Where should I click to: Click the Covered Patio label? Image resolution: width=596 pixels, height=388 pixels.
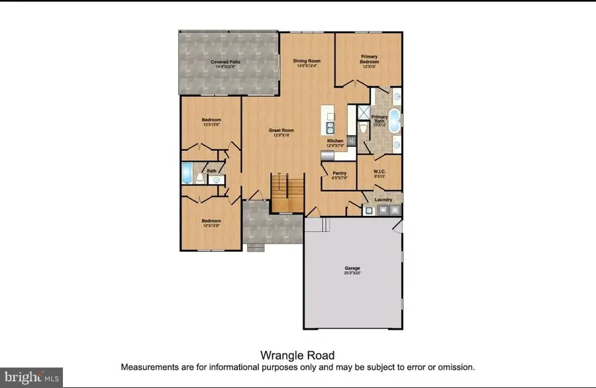click(x=225, y=62)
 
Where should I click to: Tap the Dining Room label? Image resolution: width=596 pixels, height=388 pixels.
click(x=306, y=62)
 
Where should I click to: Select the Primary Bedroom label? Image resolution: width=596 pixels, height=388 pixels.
click(x=369, y=58)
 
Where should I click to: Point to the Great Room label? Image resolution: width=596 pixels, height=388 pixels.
click(x=281, y=130)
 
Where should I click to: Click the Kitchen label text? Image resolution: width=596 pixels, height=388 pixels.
click(x=335, y=141)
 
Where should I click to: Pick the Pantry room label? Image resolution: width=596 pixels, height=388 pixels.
click(x=339, y=173)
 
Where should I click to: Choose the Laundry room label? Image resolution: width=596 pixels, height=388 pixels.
click(x=383, y=199)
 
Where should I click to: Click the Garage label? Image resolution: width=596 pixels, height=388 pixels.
click(x=352, y=268)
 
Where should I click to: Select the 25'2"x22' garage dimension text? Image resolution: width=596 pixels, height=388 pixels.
click(x=352, y=273)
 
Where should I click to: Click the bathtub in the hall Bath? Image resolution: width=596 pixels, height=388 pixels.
click(x=187, y=174)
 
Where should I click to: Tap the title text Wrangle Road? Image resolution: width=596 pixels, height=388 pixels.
click(x=297, y=356)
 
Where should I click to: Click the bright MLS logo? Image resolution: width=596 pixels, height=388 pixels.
click(x=31, y=377)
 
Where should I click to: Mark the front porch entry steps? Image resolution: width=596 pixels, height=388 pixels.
click(x=254, y=248)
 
